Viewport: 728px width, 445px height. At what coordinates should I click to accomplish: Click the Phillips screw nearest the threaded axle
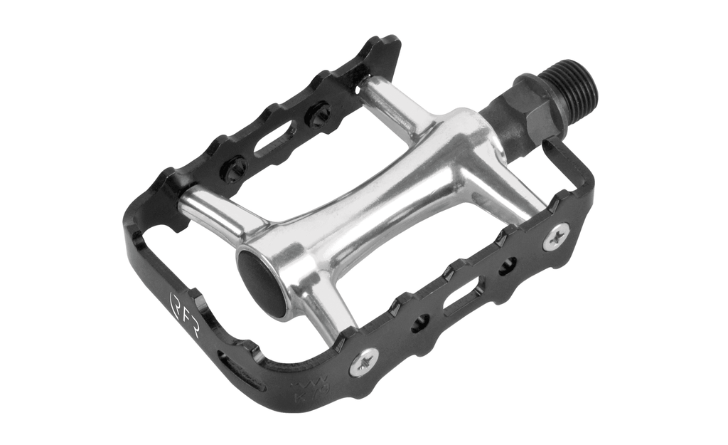[556, 236]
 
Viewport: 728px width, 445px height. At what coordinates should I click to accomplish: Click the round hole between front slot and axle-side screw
[508, 267]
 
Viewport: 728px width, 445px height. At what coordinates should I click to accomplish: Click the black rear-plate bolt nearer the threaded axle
[317, 115]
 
